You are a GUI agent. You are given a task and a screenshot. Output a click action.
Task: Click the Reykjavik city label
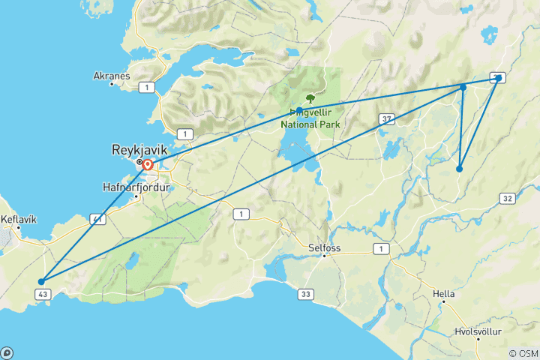pyautogui.click(x=139, y=150)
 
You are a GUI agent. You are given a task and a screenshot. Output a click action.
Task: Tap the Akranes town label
pyautogui.click(x=112, y=76)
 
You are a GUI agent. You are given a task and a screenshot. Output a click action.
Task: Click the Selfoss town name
pyautogui.click(x=324, y=246)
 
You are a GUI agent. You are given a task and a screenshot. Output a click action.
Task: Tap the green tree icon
pyautogui.click(x=310, y=98)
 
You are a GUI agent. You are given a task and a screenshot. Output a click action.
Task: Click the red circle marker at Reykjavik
pyautogui.click(x=148, y=165)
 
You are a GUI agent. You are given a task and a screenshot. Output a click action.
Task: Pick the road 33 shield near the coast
pyautogui.click(x=305, y=294)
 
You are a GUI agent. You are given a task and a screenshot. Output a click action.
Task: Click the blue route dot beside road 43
pyautogui.click(x=40, y=282)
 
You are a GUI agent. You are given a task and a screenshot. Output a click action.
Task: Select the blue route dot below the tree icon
pyautogui.click(x=299, y=110)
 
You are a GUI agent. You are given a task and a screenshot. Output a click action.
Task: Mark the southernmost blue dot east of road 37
pyautogui.click(x=459, y=169)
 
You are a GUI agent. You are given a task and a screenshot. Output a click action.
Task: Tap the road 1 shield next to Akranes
pyautogui.click(x=151, y=88)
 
